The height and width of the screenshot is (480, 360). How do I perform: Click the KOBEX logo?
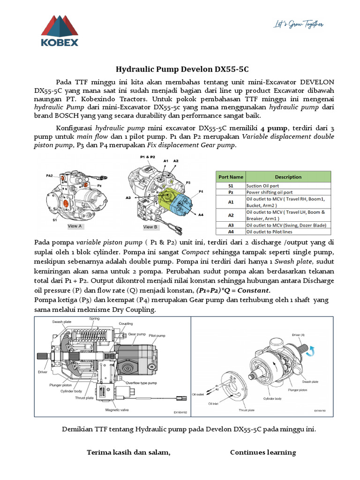click(x=59, y=32)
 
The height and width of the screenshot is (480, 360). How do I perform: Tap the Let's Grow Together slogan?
click(x=299, y=24)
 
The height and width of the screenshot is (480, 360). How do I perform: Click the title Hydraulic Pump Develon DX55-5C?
click(x=180, y=68)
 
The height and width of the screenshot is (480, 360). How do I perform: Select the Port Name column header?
click(x=230, y=177)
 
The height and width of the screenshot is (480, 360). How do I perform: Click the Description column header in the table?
click(x=288, y=177)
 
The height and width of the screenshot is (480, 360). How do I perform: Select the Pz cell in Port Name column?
click(x=230, y=192)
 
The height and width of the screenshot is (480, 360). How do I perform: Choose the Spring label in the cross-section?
click(x=94, y=319)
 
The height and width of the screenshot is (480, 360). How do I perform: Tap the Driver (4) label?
click(x=299, y=335)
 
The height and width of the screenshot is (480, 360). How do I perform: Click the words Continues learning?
click(x=262, y=452)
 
